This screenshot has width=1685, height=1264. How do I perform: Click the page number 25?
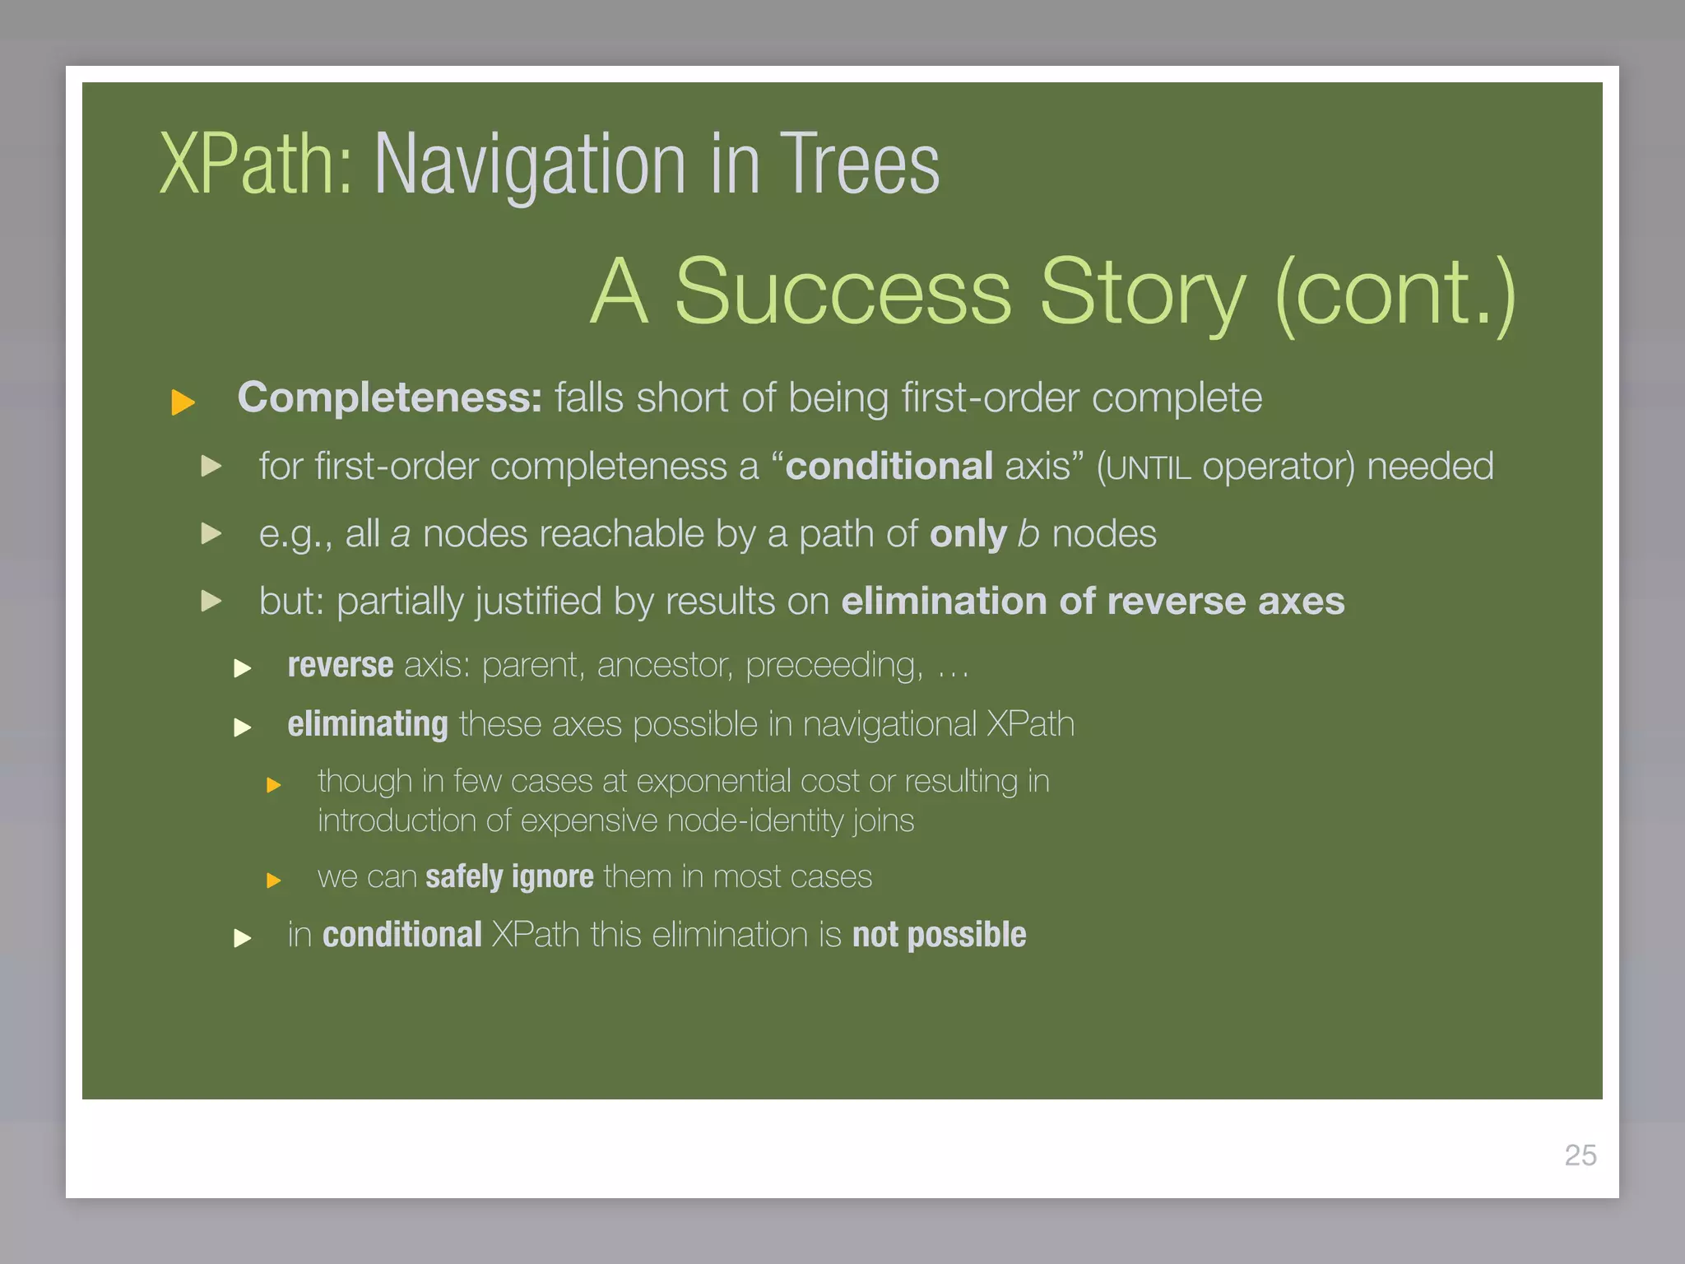click(x=1580, y=1155)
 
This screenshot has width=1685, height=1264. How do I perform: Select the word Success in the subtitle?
click(x=842, y=292)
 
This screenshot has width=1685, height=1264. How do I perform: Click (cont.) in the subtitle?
click(x=1395, y=294)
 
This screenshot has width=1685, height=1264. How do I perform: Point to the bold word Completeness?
click(x=389, y=397)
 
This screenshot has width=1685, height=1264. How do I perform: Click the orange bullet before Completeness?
click(x=183, y=402)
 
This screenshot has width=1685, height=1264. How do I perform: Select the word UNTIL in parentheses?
click(x=1148, y=468)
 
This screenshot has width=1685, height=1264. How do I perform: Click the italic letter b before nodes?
click(x=1028, y=534)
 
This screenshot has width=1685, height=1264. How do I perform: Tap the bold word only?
click(x=968, y=535)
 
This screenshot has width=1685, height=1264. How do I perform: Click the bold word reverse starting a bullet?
click(x=340, y=665)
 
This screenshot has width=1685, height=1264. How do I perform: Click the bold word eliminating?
click(x=367, y=724)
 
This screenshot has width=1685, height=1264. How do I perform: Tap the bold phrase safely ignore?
click(x=509, y=877)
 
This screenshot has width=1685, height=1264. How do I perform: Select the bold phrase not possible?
click(x=939, y=935)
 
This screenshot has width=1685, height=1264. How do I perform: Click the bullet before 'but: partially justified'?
click(x=211, y=601)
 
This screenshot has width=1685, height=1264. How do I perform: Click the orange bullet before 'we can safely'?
click(x=274, y=881)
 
